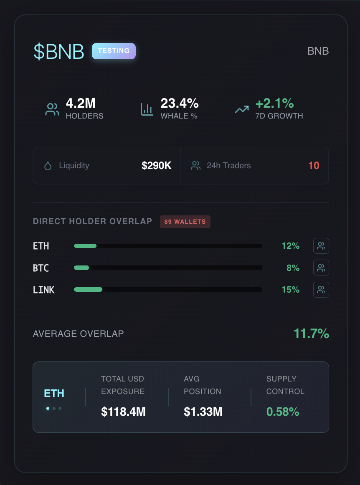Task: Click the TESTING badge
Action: point(114,51)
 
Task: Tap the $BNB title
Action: point(59,51)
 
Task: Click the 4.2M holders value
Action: point(81,103)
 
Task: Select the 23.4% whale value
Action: point(180,103)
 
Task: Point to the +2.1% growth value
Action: point(274,103)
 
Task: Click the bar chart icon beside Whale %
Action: point(147,109)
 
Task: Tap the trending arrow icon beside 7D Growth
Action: point(242,109)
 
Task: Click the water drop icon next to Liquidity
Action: point(48,166)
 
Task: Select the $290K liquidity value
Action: point(157,166)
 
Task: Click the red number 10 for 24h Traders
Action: point(314,166)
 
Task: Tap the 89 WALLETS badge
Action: point(185,222)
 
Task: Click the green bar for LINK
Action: point(88,289)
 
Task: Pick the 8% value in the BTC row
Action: point(293,268)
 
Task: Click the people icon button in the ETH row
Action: point(321,246)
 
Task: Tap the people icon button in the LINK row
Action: point(321,290)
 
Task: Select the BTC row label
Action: point(41,268)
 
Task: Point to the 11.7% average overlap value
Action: point(311,334)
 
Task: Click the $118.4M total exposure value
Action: point(123,412)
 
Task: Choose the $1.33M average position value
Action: point(203,412)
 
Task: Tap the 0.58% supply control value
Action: point(283,412)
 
